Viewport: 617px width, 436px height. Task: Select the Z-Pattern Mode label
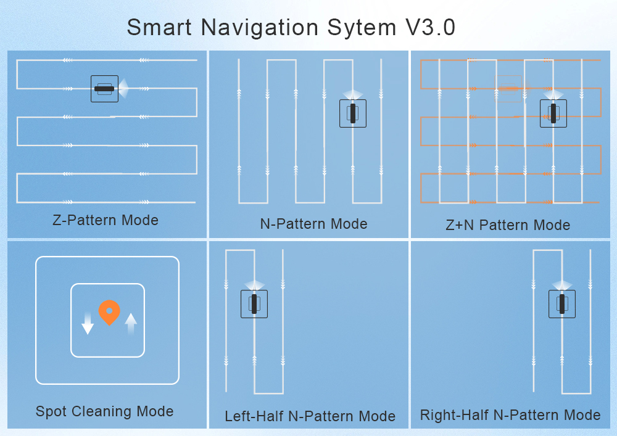pyautogui.click(x=106, y=220)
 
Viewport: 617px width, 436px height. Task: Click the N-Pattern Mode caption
pyautogui.click(x=313, y=224)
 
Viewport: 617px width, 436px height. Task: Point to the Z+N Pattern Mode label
pyautogui.click(x=508, y=225)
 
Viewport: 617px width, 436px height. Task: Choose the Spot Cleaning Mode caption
pyautogui.click(x=104, y=411)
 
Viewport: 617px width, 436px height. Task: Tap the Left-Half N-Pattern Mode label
pyautogui.click(x=310, y=416)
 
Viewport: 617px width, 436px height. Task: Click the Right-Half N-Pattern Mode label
pyautogui.click(x=510, y=415)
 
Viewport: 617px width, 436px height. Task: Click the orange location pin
pyautogui.click(x=109, y=312)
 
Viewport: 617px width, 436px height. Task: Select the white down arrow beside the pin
pyautogui.click(x=88, y=323)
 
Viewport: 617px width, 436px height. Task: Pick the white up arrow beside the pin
pyautogui.click(x=131, y=323)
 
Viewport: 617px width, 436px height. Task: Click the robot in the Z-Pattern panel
pyautogui.click(x=104, y=89)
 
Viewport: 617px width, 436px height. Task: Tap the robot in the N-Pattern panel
pyautogui.click(x=353, y=113)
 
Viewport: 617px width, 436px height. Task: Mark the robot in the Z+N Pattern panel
pyautogui.click(x=553, y=113)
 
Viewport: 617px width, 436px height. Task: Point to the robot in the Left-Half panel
pyautogui.click(x=254, y=304)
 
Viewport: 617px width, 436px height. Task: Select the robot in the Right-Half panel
pyautogui.click(x=562, y=304)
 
